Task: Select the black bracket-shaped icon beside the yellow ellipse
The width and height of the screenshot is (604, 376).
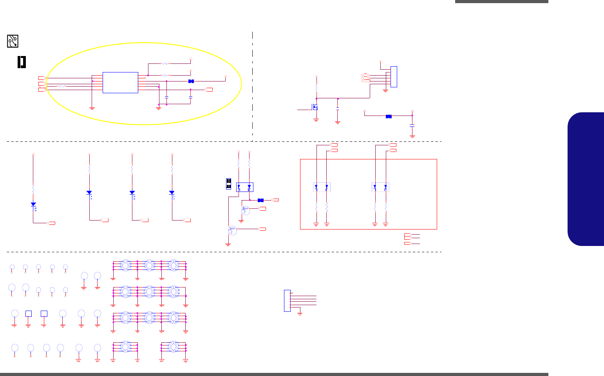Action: (x=22, y=62)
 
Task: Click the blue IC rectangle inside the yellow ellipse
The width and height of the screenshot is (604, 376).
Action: (x=120, y=82)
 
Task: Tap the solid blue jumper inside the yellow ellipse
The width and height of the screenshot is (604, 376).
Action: (x=191, y=81)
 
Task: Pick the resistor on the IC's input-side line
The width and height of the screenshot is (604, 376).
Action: (x=61, y=86)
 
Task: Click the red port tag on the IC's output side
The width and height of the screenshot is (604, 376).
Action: (x=209, y=90)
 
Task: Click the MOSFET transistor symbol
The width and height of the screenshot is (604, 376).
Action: (x=314, y=107)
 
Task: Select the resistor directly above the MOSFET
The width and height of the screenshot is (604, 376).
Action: (x=316, y=88)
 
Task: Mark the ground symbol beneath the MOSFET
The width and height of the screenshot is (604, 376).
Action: (x=316, y=120)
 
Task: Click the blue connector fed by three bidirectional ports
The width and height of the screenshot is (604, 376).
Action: (x=394, y=77)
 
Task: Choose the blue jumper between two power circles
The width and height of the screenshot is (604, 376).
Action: (x=389, y=116)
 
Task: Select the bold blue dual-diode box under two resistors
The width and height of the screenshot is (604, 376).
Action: (x=244, y=187)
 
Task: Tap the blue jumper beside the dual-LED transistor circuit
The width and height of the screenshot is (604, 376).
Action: (x=260, y=200)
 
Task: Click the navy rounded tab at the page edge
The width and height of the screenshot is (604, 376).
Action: (x=586, y=179)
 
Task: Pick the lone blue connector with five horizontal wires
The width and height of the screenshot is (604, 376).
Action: (x=287, y=301)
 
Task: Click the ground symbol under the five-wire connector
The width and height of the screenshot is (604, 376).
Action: (x=300, y=313)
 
